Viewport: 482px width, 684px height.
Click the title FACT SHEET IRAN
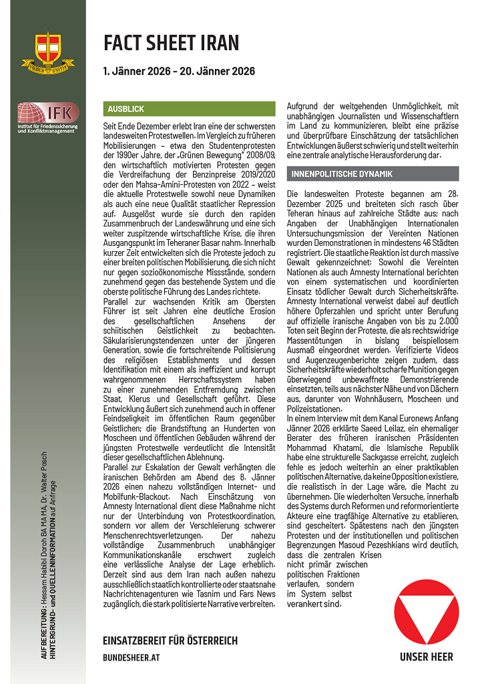tap(171, 43)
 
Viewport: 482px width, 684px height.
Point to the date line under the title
tap(178, 71)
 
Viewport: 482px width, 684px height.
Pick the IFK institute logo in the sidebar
tap(47, 118)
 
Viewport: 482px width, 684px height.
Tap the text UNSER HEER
tap(427, 657)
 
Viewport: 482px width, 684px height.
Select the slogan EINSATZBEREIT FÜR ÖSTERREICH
tap(170, 641)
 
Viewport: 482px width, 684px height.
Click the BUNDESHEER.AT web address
tap(132, 657)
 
